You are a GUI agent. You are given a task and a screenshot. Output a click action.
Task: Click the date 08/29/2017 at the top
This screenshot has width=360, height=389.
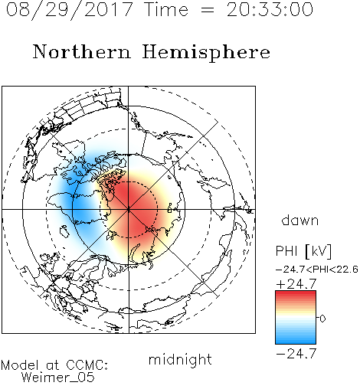(70, 10)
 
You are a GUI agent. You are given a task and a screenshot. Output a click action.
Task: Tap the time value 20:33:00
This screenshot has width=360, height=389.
(270, 10)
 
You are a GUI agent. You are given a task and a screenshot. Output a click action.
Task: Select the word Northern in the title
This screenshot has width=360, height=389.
(82, 51)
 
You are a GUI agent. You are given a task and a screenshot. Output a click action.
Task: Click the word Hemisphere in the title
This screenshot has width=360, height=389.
(206, 53)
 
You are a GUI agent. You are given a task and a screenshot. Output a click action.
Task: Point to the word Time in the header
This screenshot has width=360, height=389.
(166, 10)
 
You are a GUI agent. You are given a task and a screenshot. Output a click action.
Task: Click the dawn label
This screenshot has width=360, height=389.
(299, 220)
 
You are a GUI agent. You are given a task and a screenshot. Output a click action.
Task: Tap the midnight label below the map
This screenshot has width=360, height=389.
(180, 360)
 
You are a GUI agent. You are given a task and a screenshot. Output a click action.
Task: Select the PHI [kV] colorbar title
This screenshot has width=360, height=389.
(303, 251)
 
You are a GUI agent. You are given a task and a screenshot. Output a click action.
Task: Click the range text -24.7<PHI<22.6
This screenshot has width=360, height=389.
(317, 270)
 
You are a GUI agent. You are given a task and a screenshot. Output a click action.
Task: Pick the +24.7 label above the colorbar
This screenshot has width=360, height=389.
(296, 284)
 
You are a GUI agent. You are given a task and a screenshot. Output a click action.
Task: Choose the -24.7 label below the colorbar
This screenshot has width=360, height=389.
(296, 354)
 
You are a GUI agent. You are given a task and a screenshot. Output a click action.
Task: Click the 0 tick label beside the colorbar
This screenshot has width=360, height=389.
(322, 319)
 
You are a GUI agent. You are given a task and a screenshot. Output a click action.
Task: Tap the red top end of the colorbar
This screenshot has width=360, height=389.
(296, 293)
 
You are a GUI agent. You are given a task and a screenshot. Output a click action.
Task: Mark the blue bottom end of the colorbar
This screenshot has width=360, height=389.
(296, 342)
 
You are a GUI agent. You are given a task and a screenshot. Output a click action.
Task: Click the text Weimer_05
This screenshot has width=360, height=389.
(57, 378)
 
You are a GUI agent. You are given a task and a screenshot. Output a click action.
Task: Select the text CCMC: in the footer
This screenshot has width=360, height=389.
(87, 365)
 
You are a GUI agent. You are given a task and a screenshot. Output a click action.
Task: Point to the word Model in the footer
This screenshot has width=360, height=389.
(21, 365)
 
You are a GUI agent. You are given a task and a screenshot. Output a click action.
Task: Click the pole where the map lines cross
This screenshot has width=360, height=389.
(129, 209)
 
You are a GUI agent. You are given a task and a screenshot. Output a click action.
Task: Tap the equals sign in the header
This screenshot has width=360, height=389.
(208, 10)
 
